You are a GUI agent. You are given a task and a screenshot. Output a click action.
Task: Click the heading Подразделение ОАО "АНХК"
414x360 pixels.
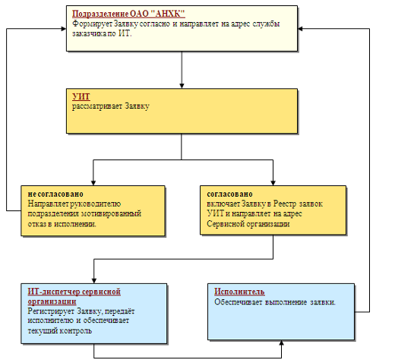click(128, 14)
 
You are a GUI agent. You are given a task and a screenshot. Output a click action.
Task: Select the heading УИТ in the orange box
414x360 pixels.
click(81, 96)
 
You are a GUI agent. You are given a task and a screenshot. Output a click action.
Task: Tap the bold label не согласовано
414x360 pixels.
click(55, 194)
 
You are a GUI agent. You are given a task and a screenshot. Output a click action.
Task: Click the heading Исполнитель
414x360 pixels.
click(239, 292)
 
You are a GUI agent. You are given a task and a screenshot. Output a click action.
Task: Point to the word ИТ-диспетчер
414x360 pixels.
click(54, 292)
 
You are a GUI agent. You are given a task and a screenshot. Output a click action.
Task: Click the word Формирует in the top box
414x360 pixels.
click(92, 24)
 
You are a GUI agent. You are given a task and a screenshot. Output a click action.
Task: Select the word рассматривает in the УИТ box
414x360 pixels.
click(97, 106)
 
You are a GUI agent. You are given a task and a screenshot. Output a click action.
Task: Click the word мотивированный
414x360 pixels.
click(111, 213)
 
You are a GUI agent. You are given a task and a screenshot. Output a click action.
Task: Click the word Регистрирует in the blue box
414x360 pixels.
click(51, 311)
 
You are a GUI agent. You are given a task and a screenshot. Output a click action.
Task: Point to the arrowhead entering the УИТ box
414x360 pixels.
click(182, 86)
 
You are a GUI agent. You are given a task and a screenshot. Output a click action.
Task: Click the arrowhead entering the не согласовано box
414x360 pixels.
click(93, 183)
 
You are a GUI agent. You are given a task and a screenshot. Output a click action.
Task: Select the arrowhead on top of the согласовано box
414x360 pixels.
click(273, 183)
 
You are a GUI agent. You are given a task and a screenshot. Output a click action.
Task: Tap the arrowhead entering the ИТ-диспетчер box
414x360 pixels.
click(94, 281)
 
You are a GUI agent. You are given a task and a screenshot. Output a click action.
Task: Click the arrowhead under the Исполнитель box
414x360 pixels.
click(282, 343)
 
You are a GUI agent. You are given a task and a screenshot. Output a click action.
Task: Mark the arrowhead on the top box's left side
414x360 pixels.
click(64, 29)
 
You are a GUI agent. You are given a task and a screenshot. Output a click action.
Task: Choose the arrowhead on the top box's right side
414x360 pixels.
click(300, 29)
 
